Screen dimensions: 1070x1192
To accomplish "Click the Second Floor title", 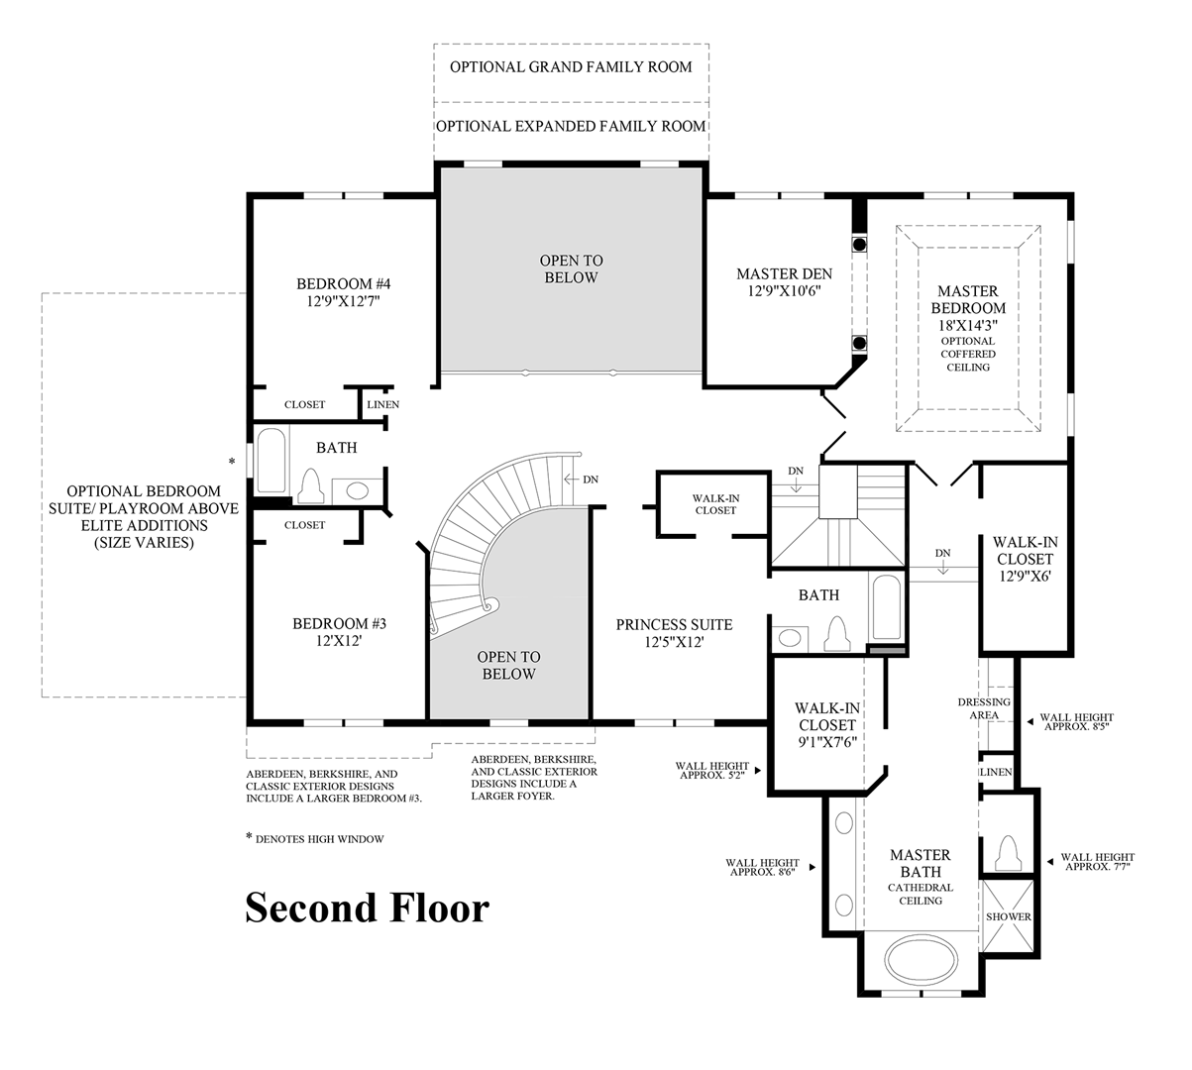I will tap(367, 908).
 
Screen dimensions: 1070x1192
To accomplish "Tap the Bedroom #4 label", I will tap(339, 284).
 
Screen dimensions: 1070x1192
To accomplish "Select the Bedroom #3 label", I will tap(339, 624).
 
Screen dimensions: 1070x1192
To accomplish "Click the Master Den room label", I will tap(784, 274).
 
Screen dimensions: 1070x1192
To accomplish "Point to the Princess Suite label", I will tap(674, 624).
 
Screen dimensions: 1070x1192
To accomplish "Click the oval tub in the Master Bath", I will tap(921, 961).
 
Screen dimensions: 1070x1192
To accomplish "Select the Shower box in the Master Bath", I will tap(1008, 917).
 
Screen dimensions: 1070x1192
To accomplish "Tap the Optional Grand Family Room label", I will tap(571, 67).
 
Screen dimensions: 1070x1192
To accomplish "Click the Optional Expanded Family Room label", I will tap(571, 126).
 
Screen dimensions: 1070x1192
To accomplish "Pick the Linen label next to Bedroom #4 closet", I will tap(382, 405).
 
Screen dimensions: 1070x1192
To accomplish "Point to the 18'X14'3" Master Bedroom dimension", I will tap(968, 324).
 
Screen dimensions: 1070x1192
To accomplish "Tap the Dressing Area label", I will tap(984, 708).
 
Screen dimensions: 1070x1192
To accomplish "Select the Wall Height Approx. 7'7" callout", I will tap(1097, 862).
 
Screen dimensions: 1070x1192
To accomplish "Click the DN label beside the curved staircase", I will tap(591, 480).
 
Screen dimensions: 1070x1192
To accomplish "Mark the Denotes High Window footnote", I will tap(315, 839).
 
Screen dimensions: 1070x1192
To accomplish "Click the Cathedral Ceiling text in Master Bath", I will tap(921, 895).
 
